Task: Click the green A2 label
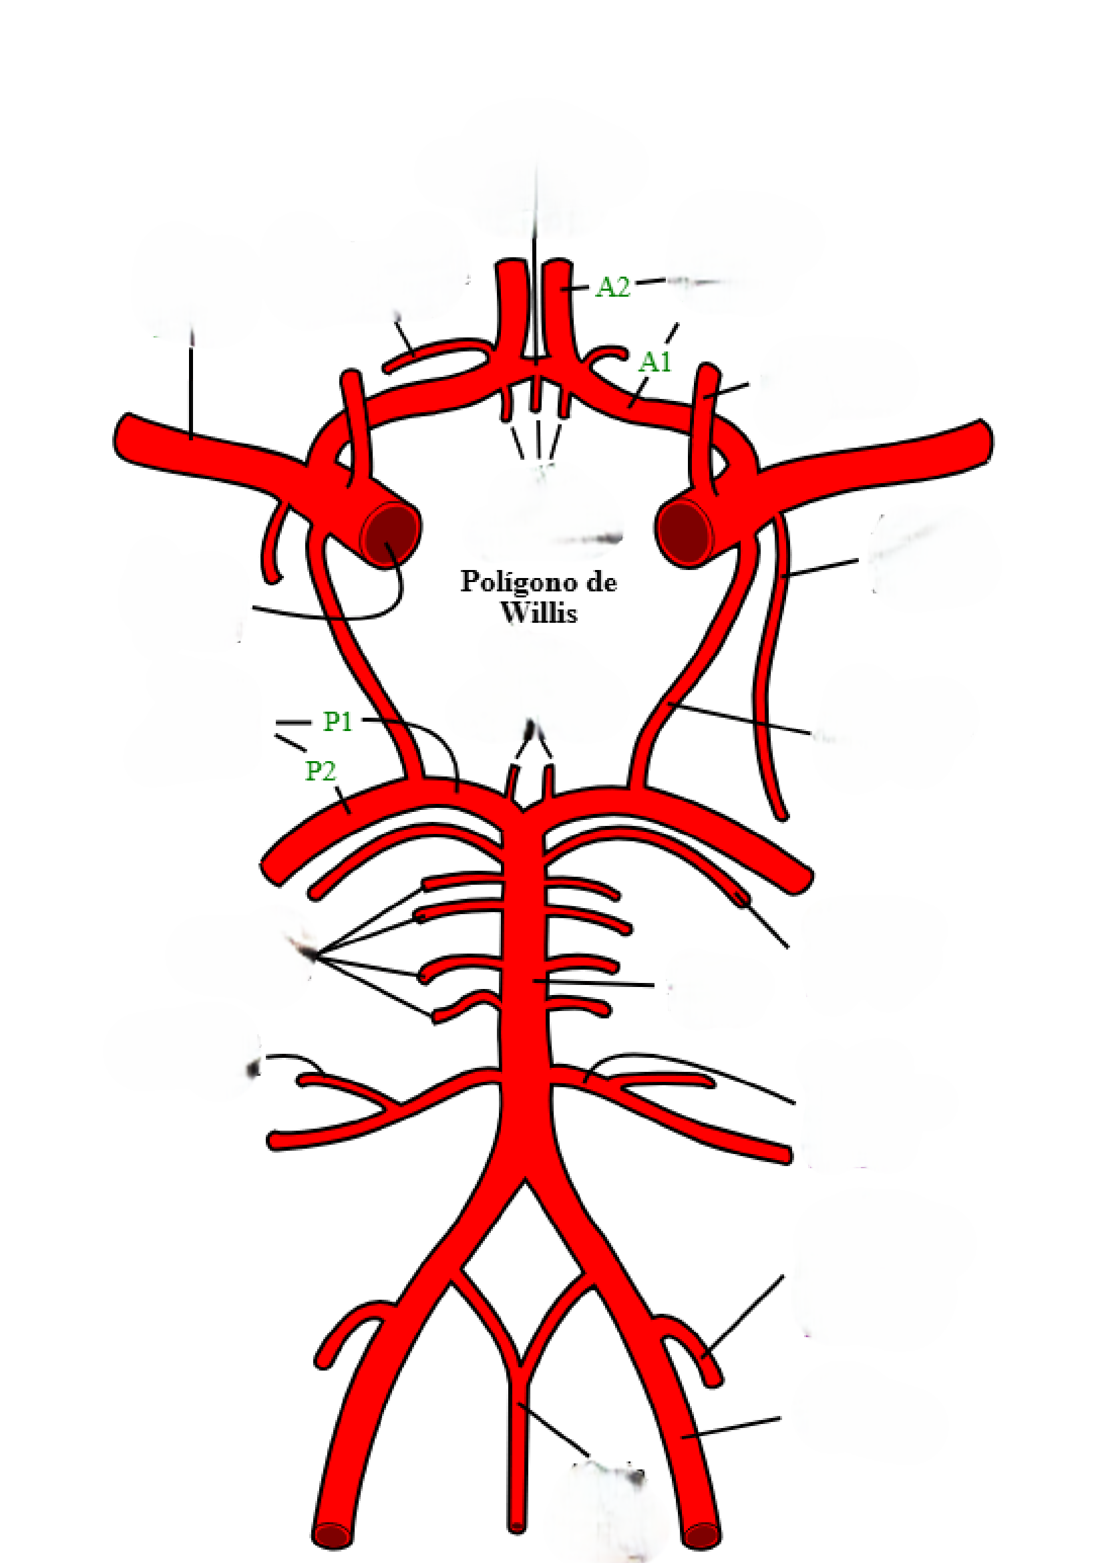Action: pos(613,287)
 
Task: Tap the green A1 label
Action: pos(655,362)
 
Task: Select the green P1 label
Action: pos(338,722)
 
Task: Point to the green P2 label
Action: pos(320,771)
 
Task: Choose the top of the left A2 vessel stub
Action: pos(508,265)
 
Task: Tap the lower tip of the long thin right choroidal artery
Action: pos(783,817)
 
